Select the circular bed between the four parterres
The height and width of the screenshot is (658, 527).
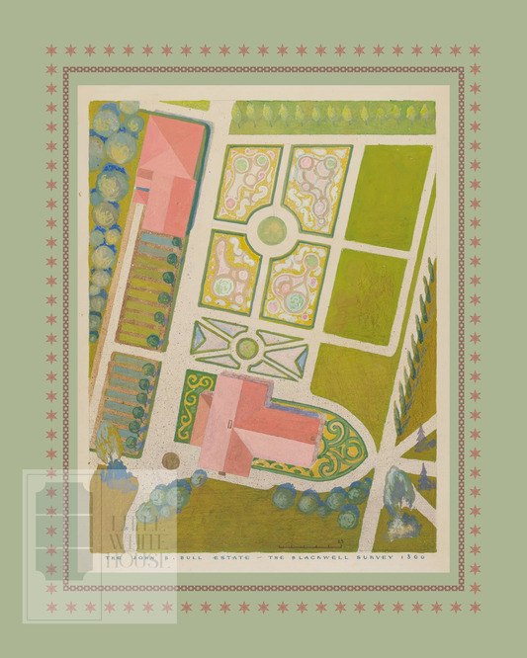pos(272,229)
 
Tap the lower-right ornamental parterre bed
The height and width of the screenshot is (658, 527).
pos(295,283)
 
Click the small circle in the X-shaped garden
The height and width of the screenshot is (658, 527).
pos(247,348)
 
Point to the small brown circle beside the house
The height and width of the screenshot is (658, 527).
pos(171,460)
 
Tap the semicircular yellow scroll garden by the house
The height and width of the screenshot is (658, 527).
pos(339,447)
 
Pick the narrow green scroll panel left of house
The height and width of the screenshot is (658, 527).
pos(192,405)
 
